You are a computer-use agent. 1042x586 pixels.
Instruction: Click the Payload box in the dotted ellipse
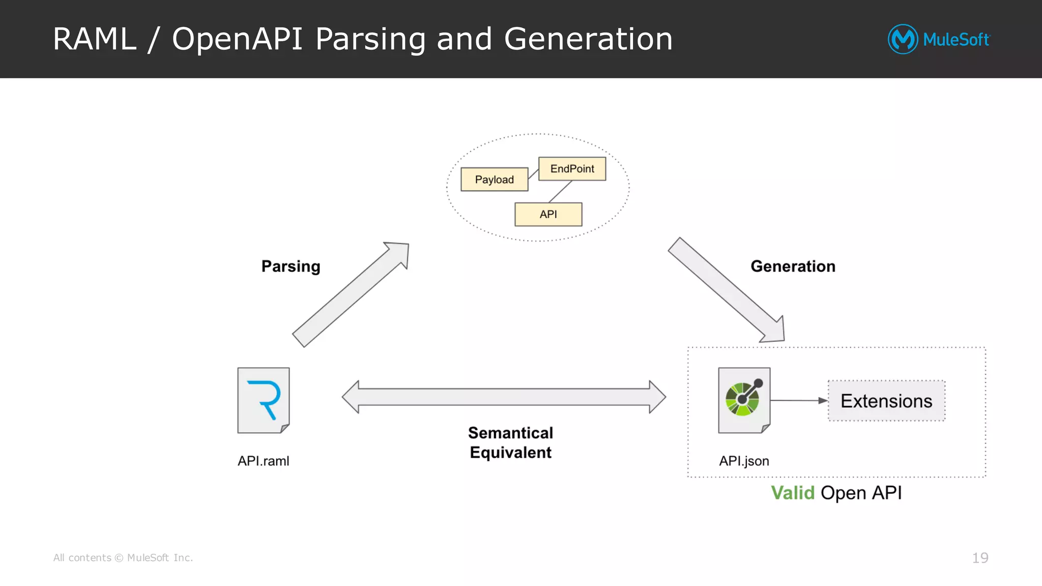click(494, 180)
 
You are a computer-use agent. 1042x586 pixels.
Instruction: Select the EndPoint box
click(572, 169)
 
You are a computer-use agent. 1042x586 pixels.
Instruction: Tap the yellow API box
click(548, 215)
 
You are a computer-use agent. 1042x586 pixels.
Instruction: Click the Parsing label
click(291, 267)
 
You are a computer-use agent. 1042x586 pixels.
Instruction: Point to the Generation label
click(793, 267)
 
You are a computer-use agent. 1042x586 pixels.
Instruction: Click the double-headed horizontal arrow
click(504, 397)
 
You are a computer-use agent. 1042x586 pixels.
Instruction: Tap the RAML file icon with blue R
click(264, 400)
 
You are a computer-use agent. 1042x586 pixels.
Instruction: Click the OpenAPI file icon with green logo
click(744, 400)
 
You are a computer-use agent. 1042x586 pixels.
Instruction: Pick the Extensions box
click(886, 401)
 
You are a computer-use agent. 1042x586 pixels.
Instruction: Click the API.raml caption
click(263, 461)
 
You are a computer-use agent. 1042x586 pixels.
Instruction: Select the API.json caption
click(744, 461)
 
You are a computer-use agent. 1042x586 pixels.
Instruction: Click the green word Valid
click(792, 493)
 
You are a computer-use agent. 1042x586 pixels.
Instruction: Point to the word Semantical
click(510, 433)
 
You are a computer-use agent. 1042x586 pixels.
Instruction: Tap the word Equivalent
click(510, 453)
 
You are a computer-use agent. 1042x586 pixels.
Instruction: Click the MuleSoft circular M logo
click(903, 39)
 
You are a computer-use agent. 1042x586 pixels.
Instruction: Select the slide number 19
click(980, 558)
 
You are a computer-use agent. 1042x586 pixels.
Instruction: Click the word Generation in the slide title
click(588, 39)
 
